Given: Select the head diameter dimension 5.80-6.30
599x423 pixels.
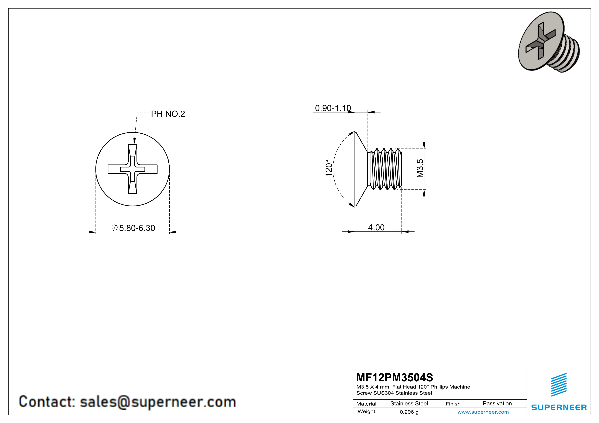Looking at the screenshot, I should click(137, 228).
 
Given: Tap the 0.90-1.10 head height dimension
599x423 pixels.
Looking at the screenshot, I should click(333, 108).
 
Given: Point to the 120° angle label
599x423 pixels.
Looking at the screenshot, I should click(329, 168).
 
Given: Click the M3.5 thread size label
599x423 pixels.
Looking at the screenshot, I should click(420, 168).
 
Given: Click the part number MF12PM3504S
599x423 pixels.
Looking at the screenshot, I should click(394, 377).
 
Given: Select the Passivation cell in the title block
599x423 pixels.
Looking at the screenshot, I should click(497, 403).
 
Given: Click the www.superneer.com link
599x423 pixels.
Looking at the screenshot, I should click(483, 412).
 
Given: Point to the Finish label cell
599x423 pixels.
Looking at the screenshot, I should click(453, 404).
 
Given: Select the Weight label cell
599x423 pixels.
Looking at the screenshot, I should click(366, 411).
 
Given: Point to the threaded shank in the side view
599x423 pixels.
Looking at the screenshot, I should click(385, 169).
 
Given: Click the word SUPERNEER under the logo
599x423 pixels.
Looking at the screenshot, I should click(559, 407).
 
